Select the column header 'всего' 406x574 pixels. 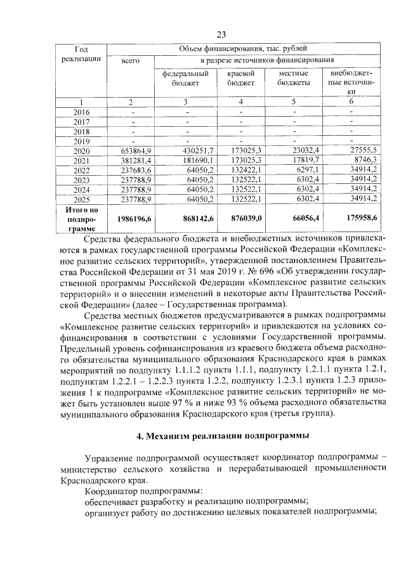coord(130,60)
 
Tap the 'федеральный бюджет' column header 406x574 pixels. coord(185,79)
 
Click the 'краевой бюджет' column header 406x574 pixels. coord(240,79)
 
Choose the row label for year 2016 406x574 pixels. coord(81,112)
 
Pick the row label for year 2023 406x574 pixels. coord(81,179)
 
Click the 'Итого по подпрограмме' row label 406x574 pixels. coord(81,218)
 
